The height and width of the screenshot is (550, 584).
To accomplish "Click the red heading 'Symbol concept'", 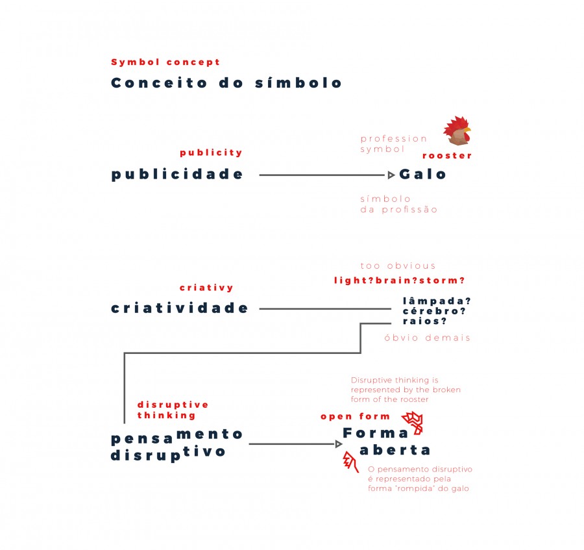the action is coord(165,62).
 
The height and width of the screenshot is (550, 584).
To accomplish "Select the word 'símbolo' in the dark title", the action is coord(298,82).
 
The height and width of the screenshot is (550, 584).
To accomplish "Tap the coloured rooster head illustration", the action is coord(457,131).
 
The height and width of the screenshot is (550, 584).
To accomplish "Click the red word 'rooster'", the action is coord(447,156).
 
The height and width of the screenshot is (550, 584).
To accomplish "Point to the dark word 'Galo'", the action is coord(422,174).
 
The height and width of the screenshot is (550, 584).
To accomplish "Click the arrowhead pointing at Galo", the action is coord(391,175).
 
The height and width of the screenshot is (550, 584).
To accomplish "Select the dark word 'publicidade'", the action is coord(177,175).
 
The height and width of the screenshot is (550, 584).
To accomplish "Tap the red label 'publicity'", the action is coord(211,153).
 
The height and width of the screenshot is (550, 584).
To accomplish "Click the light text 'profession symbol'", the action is coord(393,144).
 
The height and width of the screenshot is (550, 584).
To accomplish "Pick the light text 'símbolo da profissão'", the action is coord(398,204).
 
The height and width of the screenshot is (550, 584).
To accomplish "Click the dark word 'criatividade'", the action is coord(179,308).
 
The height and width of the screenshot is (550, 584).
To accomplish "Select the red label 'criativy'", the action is coord(206,288).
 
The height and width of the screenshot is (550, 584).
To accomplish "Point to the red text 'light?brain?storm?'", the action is coord(399,281).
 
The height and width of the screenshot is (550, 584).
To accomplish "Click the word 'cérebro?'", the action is coord(434,311).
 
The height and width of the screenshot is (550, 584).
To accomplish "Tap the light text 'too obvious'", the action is coord(398,266).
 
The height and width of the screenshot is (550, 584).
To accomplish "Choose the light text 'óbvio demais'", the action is coord(427,338).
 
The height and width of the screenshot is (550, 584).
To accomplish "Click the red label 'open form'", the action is coord(355,416).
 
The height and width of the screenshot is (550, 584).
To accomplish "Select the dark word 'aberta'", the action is coord(395,450).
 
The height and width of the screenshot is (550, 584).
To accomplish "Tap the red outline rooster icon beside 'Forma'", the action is coord(412,423).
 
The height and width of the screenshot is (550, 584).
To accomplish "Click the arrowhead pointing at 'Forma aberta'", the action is coord(339,444).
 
